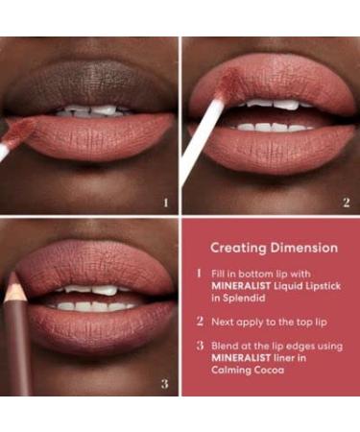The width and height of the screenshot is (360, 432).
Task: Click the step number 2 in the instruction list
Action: tap(200, 323)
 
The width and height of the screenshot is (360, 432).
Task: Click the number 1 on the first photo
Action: tap(165, 203)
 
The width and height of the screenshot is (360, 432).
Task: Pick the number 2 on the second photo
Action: tap(347, 203)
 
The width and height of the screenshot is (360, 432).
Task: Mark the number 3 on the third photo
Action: tap(165, 385)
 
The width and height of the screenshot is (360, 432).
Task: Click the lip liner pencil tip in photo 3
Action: tap(13, 280)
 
